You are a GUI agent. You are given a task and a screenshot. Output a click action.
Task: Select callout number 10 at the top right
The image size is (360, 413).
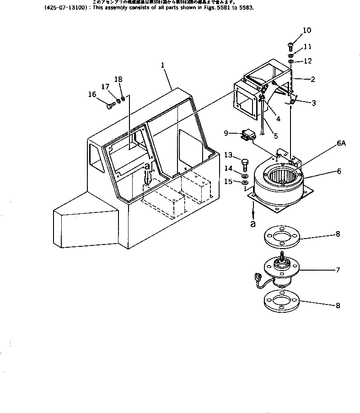pyautogui.click(x=306, y=31)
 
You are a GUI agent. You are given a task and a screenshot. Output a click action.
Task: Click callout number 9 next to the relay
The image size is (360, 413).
pyautogui.click(x=226, y=133)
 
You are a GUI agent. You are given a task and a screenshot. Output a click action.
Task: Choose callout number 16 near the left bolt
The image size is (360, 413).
pyautogui.click(x=92, y=95)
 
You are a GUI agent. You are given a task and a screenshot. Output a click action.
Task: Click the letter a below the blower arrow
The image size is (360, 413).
pyautogui.click(x=253, y=224)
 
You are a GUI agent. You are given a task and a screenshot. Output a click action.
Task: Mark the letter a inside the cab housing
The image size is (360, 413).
pyautogui.click(x=147, y=167)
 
